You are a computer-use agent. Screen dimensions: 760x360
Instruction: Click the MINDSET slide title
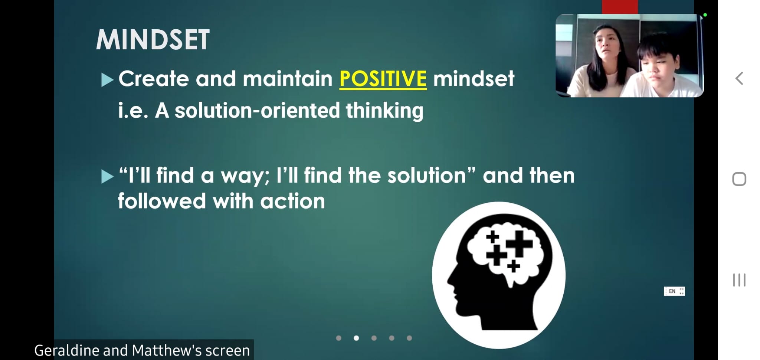click(153, 40)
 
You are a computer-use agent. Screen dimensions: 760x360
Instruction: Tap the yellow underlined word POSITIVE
click(383, 79)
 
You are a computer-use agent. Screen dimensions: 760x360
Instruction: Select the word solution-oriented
click(257, 111)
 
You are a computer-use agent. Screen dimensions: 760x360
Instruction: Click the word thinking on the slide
click(384, 111)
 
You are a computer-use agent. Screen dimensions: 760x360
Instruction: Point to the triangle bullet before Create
click(107, 80)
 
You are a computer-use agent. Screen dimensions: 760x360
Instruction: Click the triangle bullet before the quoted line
click(107, 177)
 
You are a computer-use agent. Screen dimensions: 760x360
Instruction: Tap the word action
click(292, 201)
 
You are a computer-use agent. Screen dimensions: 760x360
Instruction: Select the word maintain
click(287, 79)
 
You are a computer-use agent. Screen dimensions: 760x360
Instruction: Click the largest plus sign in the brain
click(519, 243)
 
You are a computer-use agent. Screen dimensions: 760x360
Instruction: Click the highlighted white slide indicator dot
click(356, 338)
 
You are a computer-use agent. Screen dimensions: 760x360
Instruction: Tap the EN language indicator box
click(674, 291)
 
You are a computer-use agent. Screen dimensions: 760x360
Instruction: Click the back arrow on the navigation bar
click(739, 78)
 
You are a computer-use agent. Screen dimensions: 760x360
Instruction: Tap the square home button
click(739, 179)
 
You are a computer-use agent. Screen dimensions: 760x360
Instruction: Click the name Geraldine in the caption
click(67, 351)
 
